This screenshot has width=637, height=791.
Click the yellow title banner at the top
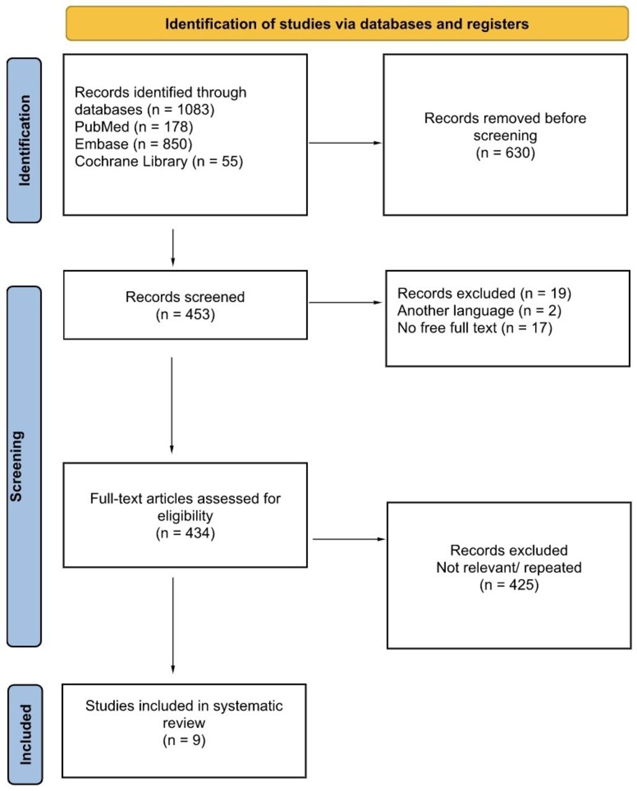[347, 23]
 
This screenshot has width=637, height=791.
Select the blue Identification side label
[24, 140]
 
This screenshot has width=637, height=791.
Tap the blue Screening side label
[24, 467]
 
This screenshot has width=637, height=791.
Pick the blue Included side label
[25, 734]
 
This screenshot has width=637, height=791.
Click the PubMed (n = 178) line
[134, 127]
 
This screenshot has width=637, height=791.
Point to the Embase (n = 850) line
[133, 144]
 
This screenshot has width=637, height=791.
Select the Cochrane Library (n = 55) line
[158, 161]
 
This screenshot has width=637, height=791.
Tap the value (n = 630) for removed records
[505, 153]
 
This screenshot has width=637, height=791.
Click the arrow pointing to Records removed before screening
[345, 143]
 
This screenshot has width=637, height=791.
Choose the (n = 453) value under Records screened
[185, 315]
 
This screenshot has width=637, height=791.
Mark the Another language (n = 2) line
[479, 311]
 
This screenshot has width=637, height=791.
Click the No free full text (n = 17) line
[475, 328]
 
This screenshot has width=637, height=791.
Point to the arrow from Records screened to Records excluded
[345, 303]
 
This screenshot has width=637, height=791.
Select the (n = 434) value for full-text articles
[185, 533]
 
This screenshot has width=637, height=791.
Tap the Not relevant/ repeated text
[509, 568]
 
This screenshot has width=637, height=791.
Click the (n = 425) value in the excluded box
[509, 585]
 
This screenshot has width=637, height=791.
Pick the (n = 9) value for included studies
[184, 740]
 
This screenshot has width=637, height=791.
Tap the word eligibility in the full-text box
[185, 516]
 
